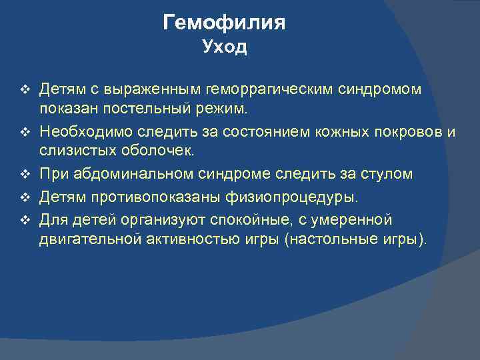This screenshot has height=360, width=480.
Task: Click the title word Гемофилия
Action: [224, 23]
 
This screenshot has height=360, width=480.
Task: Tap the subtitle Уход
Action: [224, 47]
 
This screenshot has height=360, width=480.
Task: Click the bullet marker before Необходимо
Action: [25, 132]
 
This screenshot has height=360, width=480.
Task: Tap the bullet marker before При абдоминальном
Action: [25, 175]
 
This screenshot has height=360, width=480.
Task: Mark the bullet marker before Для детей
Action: [25, 220]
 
